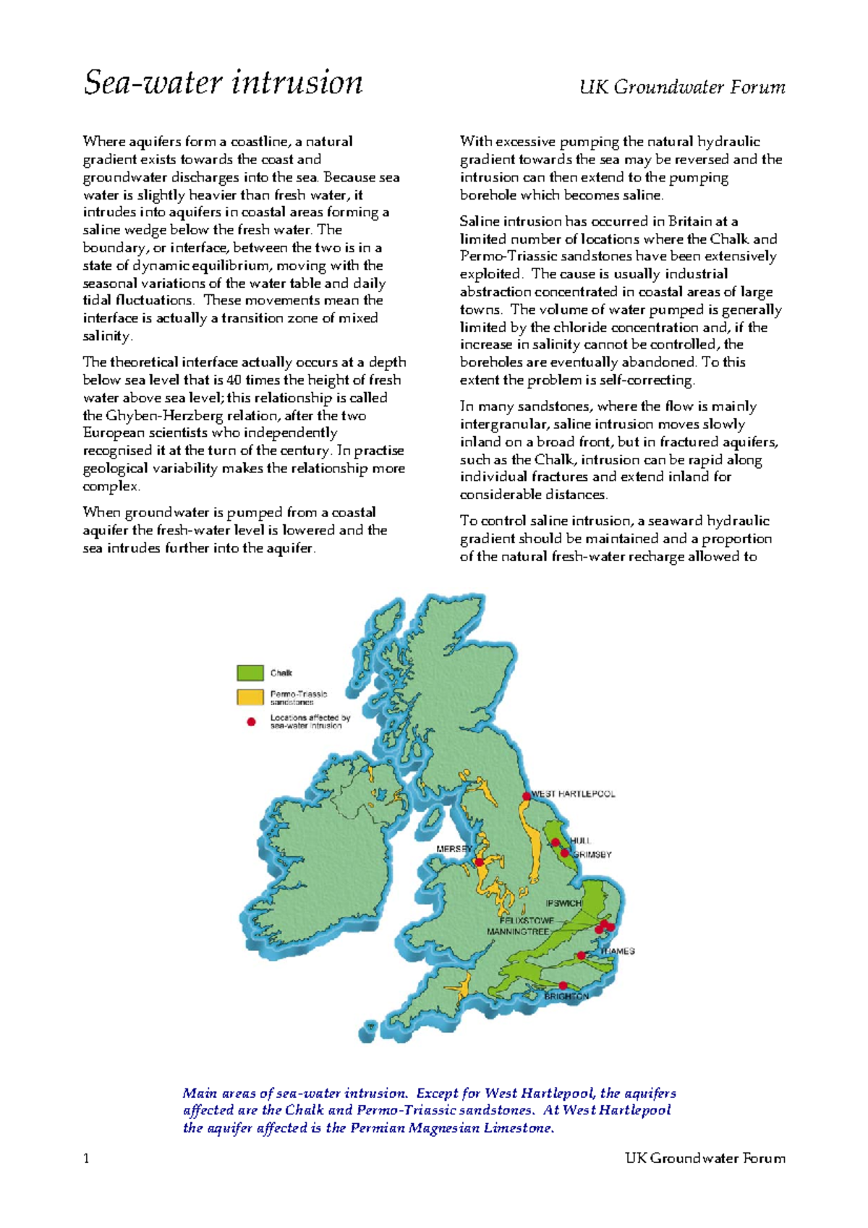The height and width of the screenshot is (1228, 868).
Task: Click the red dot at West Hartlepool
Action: tap(527, 796)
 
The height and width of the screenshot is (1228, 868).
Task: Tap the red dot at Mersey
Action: tap(479, 862)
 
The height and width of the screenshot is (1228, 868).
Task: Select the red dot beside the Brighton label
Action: tap(563, 985)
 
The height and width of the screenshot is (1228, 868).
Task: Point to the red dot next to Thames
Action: tap(581, 955)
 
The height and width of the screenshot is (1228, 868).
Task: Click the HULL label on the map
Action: tap(581, 840)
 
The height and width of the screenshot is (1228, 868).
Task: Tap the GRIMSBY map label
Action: tap(592, 854)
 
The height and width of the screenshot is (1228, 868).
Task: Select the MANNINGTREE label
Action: tap(518, 931)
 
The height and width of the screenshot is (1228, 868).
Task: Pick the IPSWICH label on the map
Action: tap(563, 903)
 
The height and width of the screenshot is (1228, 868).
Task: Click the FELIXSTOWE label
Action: tap(527, 921)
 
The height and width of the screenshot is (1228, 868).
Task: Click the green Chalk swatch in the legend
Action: tap(250, 673)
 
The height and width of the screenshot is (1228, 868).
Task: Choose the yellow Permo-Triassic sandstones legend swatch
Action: tap(250, 697)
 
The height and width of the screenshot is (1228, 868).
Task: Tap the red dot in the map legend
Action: tap(251, 722)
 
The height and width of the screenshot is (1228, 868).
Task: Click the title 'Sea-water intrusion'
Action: tap(223, 82)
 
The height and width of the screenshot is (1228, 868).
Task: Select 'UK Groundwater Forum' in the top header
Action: tap(681, 88)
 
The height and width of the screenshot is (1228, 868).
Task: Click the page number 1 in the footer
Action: tap(87, 1159)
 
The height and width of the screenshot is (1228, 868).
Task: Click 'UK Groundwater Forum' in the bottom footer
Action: tap(705, 1159)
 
